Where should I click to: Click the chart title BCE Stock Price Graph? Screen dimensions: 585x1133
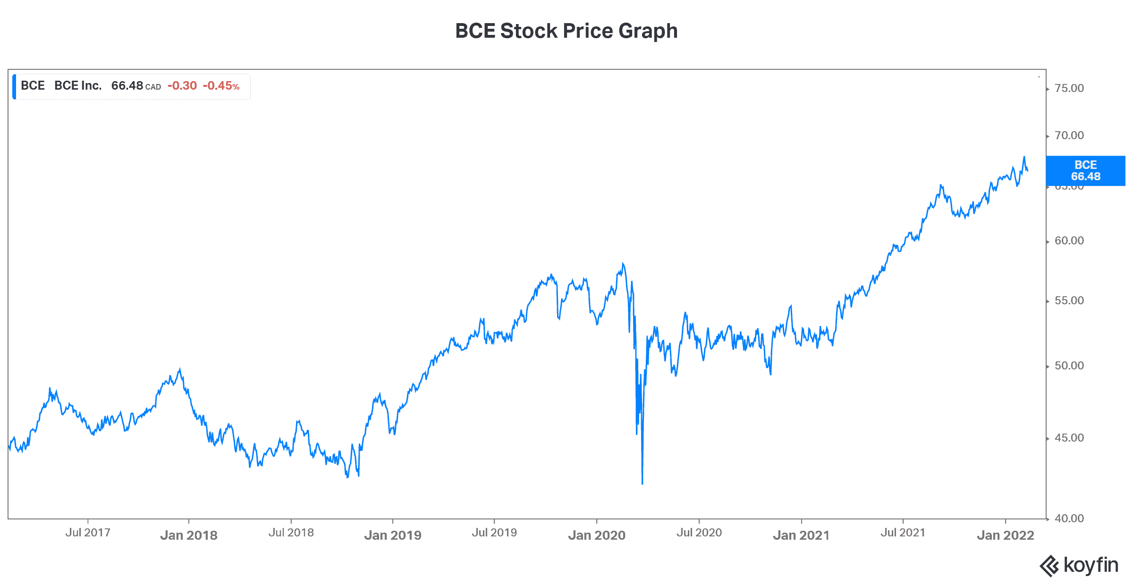point(566,31)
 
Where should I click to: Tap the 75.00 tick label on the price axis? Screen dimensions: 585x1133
point(1069,88)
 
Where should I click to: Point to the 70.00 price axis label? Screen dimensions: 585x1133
point(1069,135)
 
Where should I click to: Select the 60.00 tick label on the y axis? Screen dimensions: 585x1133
point(1069,241)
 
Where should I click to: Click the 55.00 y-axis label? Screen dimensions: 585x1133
point(1069,301)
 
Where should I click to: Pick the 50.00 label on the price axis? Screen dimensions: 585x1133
point(1069,366)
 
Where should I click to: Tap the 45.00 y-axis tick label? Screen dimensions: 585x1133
point(1069,438)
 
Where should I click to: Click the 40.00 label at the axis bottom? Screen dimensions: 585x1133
point(1069,518)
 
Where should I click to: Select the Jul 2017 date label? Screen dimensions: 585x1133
point(88,533)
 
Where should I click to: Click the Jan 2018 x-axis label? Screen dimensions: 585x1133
point(189,535)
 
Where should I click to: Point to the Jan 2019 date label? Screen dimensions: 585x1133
point(393,535)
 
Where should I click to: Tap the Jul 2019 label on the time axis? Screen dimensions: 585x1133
point(494,533)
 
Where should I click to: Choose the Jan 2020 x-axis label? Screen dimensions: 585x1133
point(597,535)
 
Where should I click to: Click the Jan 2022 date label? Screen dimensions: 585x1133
point(1006,535)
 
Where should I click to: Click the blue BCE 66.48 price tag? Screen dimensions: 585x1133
point(1085,171)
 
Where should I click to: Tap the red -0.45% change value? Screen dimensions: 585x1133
point(221,86)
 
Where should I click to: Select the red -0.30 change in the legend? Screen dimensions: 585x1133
point(182,86)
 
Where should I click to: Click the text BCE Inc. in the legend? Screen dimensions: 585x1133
point(78,86)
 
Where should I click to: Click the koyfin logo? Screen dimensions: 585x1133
point(1079,565)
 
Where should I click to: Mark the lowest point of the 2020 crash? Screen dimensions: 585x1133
point(643,484)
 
